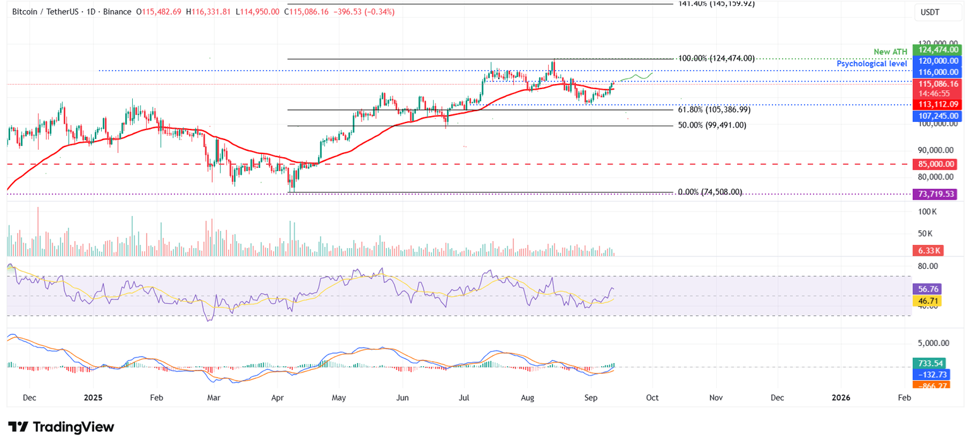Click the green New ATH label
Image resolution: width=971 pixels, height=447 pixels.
click(x=890, y=51)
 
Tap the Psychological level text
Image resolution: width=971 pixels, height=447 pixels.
click(x=872, y=64)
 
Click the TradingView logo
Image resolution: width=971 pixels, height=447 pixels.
click(x=61, y=427)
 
